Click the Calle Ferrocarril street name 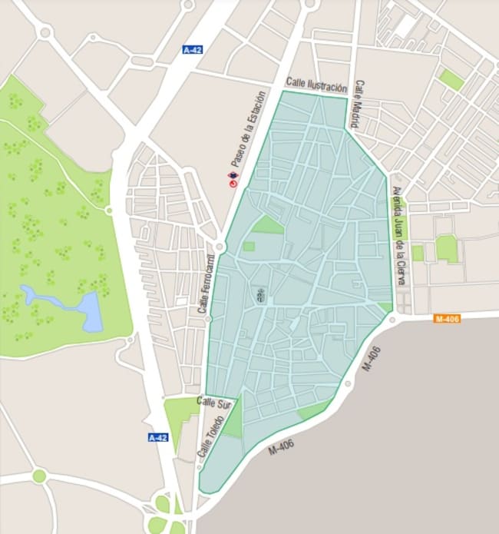[x=204, y=284]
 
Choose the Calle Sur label [x=214, y=403]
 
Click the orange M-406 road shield [x=447, y=318]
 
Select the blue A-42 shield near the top [x=192, y=50]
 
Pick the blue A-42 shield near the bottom [x=157, y=437]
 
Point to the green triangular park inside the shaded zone [x=269, y=224]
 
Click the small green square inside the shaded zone [x=248, y=247]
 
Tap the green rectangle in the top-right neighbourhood [x=451, y=79]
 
